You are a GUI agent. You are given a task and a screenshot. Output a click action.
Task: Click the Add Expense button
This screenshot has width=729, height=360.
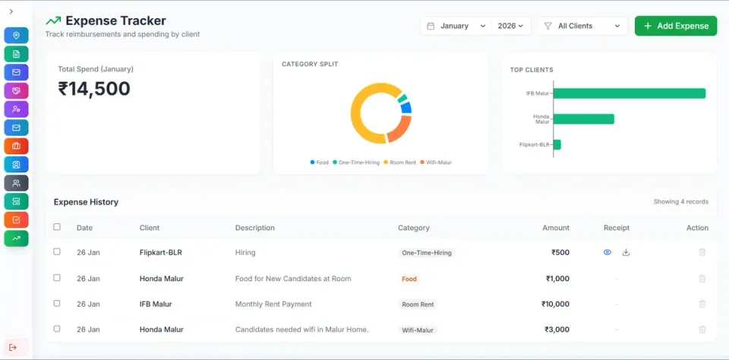pyautogui.click(x=676, y=26)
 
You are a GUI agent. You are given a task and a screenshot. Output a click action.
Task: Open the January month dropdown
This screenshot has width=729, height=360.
pyautogui.click(x=456, y=26)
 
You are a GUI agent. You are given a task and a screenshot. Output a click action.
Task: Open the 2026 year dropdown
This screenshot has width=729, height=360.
pyautogui.click(x=510, y=26)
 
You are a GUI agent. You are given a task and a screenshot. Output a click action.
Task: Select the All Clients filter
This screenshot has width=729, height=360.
pyautogui.click(x=582, y=26)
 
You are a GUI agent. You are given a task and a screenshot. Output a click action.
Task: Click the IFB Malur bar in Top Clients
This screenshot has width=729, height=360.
pyautogui.click(x=629, y=93)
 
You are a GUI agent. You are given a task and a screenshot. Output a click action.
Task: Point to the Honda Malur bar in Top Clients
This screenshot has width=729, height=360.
pyautogui.click(x=583, y=119)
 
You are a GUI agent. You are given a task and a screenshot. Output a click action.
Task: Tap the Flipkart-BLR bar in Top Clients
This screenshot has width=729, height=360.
pyautogui.click(x=557, y=144)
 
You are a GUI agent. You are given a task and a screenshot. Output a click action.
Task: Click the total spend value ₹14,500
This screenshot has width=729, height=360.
pyautogui.click(x=94, y=89)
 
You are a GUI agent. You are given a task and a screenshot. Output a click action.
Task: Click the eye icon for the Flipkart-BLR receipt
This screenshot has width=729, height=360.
pyautogui.click(x=607, y=252)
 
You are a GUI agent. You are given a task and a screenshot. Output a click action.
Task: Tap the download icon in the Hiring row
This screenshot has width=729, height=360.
pyautogui.click(x=626, y=252)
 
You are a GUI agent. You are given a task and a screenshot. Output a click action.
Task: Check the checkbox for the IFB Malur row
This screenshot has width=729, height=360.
pyautogui.click(x=57, y=304)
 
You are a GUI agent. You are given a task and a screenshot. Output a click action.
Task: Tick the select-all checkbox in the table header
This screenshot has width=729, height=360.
pyautogui.click(x=57, y=227)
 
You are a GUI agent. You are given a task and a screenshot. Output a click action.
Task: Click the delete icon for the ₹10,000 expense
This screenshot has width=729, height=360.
pyautogui.click(x=702, y=304)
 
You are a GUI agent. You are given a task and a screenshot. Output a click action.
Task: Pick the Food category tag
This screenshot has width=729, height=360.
pyautogui.click(x=409, y=279)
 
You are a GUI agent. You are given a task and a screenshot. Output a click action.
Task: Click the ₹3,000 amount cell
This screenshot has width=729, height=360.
pyautogui.click(x=557, y=330)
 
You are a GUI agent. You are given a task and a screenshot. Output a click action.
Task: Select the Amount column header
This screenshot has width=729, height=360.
pyautogui.click(x=556, y=228)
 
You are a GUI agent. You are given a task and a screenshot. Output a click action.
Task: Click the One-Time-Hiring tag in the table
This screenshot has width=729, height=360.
pyautogui.click(x=427, y=253)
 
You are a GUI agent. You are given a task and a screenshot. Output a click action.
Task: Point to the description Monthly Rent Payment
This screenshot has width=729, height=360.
pyautogui.click(x=273, y=304)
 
